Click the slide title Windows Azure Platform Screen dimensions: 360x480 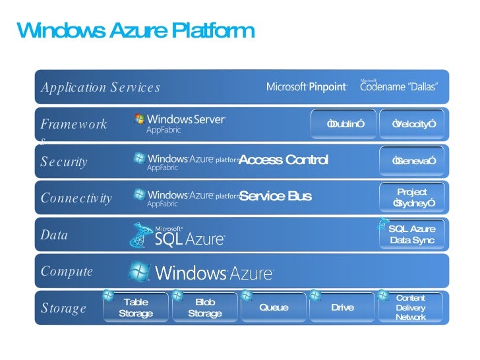[135, 30]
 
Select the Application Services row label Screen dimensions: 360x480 [100, 88]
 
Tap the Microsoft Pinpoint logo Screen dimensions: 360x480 [307, 87]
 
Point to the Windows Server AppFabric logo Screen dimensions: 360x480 [180, 123]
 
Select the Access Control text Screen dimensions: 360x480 [283, 160]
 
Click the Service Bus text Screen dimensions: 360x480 [275, 196]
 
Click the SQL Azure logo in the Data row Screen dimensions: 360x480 [178, 235]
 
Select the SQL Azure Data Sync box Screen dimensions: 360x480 [412, 234]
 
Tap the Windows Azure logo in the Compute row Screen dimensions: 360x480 [200, 272]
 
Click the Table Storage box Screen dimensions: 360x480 [136, 308]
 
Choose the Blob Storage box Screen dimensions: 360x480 [204, 308]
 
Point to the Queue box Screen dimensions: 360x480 [274, 308]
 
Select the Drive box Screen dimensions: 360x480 [342, 308]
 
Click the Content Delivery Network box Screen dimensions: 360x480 [411, 308]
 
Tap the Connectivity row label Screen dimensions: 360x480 [76, 198]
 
